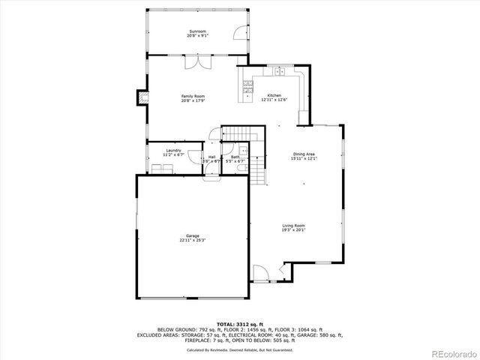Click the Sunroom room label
pos(198,31)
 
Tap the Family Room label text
pos(193,96)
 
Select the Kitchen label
pos(274,96)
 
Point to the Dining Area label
pos(304,154)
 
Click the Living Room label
pos(293,225)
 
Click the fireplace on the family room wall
pos(139,97)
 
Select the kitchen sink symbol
pos(278,72)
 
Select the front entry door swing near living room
pos(259,273)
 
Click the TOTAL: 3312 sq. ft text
pos(239,324)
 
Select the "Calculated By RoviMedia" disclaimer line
pos(239,349)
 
